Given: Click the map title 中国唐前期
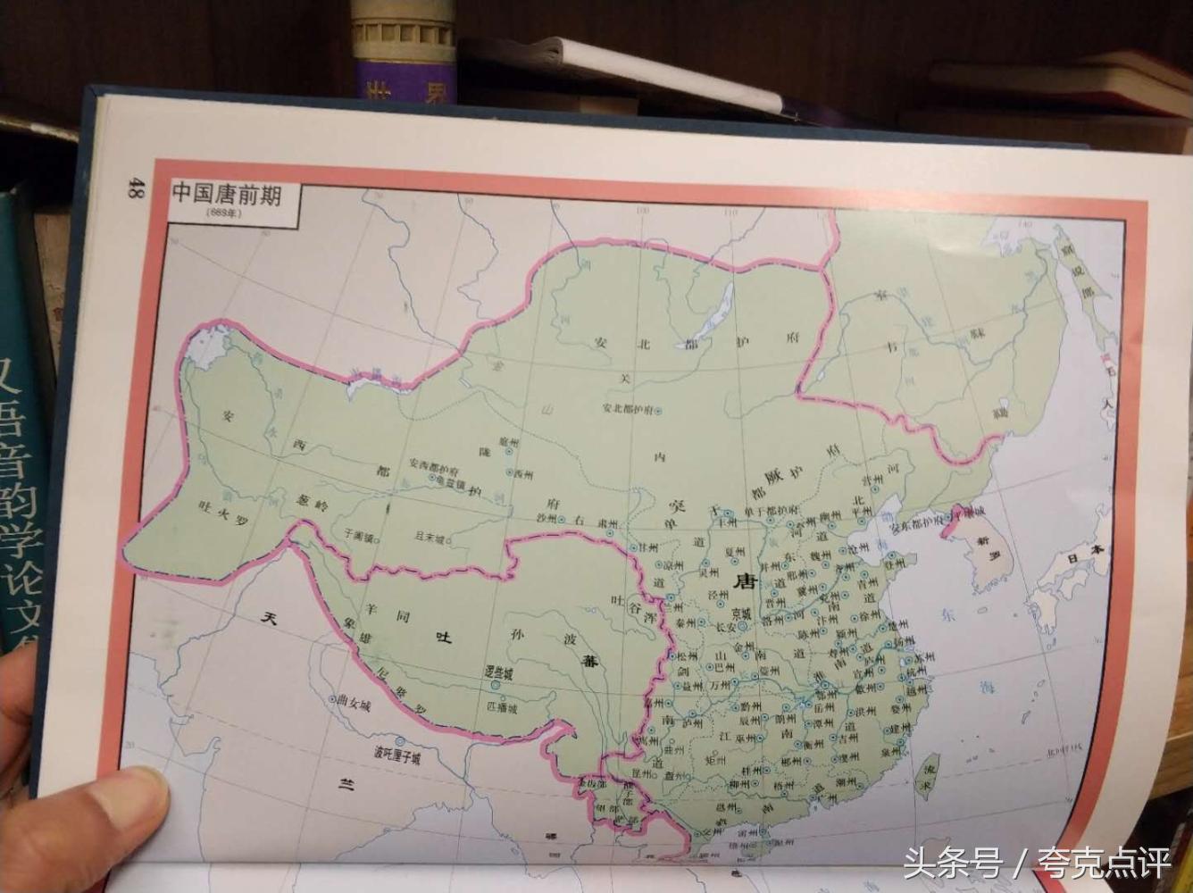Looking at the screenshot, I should pos(227,192).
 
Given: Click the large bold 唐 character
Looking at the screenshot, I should pos(744,581).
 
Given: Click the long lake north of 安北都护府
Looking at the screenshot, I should pos(713,313).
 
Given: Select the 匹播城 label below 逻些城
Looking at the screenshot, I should pos(501,705).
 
